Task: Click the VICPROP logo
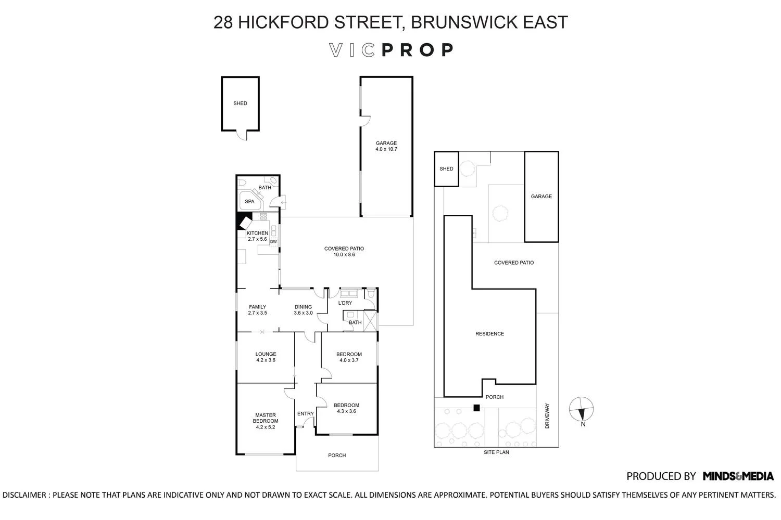391,50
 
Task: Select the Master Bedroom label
266,421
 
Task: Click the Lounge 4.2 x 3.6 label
266,357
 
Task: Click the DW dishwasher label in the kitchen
273,242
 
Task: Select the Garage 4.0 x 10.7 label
386,146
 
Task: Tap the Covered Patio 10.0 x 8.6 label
344,252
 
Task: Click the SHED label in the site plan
446,169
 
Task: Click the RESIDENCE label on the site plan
489,334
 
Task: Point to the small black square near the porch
476,408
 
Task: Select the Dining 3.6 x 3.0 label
303,310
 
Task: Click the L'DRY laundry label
345,303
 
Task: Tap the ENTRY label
305,414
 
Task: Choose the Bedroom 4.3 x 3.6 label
346,408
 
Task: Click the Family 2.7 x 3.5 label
257,310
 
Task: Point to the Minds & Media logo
738,476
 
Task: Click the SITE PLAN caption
496,452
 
